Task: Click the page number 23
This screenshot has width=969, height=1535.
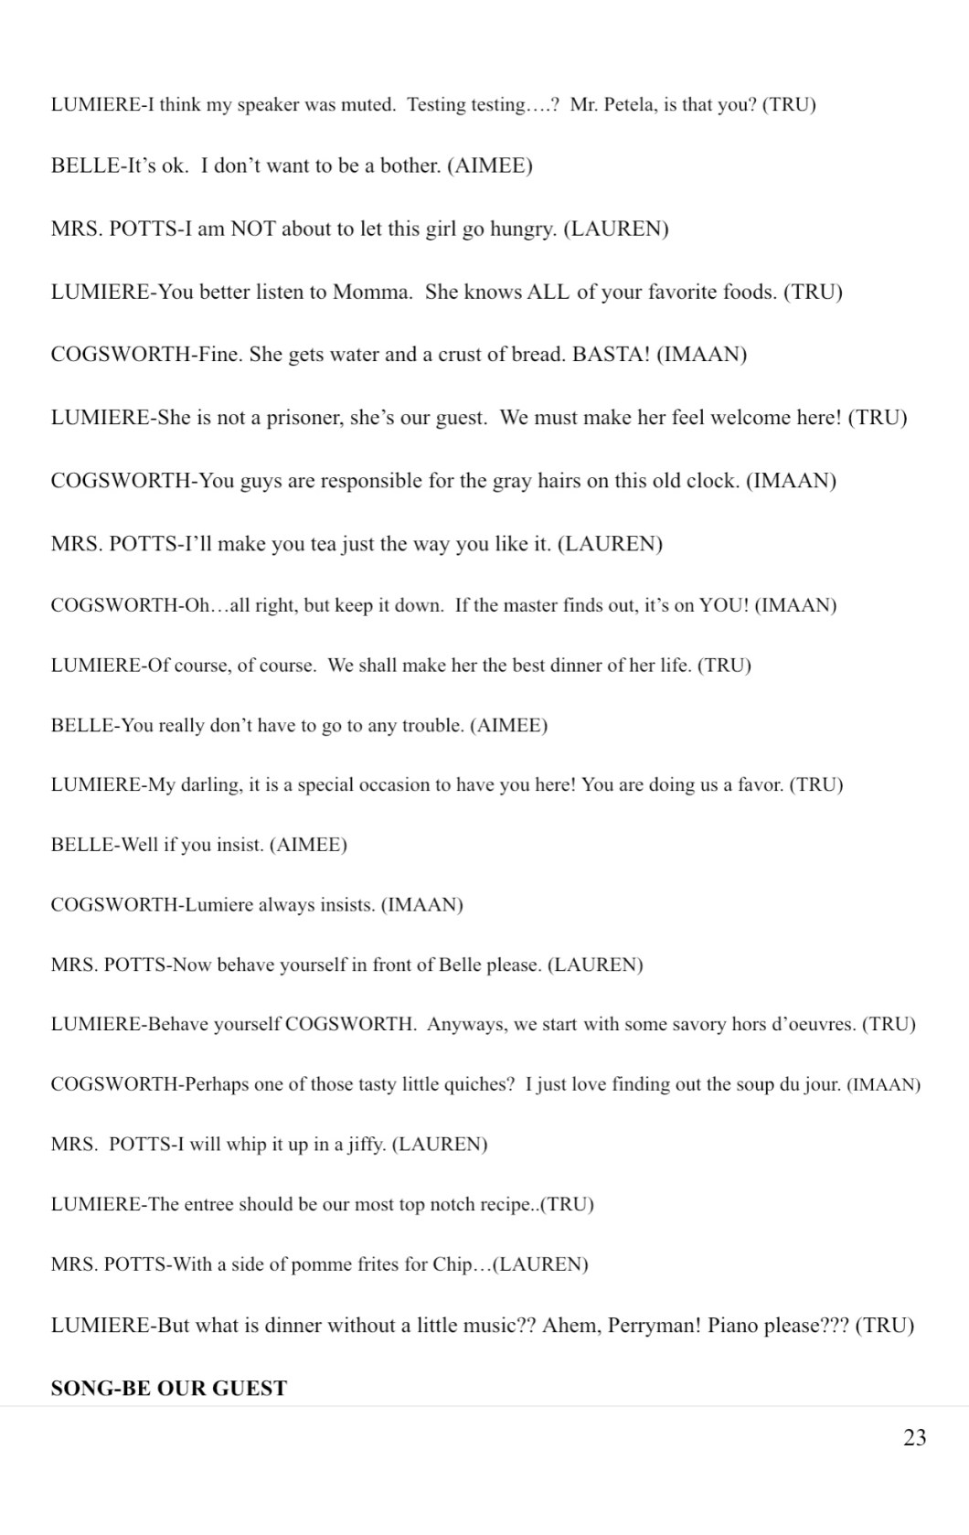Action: pos(914,1438)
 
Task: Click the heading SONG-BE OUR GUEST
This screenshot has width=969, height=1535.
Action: pos(169,1388)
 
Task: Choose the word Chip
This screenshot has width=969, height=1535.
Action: pos(453,1264)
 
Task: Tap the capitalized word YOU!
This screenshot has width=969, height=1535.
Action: pos(724,605)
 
